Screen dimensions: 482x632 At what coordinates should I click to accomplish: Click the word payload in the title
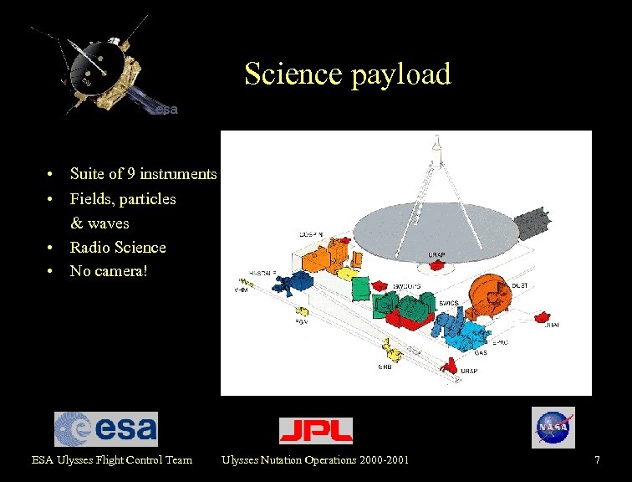click(401, 74)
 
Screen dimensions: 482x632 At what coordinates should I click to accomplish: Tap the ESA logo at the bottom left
click(106, 428)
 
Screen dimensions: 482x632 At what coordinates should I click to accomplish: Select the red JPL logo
click(315, 430)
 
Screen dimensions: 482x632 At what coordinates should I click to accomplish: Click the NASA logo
click(553, 428)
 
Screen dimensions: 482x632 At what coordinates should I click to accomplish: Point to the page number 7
click(597, 459)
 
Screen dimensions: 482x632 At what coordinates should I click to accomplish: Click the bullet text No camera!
click(108, 271)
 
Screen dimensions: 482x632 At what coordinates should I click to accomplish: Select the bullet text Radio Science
click(118, 248)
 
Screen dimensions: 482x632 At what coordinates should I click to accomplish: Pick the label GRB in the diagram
click(385, 366)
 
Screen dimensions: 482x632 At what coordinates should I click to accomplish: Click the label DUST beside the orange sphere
click(519, 285)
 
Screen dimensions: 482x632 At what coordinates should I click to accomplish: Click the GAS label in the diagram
click(481, 353)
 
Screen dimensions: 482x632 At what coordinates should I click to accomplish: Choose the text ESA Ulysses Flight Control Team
click(112, 459)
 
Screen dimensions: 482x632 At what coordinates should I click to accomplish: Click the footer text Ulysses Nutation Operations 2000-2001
click(315, 459)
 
